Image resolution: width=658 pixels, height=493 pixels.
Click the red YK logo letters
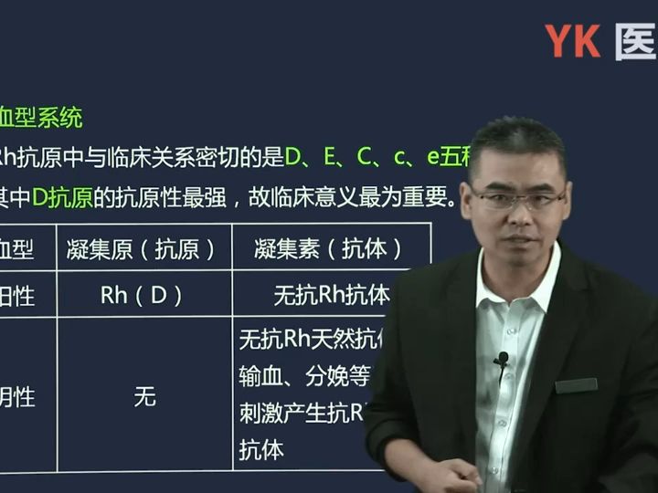click(572, 41)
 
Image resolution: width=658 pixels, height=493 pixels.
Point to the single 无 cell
click(144, 397)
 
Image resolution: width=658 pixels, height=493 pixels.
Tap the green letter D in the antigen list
click(292, 157)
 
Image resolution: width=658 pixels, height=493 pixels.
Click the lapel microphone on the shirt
click(501, 360)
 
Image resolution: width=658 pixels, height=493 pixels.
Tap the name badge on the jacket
click(576, 385)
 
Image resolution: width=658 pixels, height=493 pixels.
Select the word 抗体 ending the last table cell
click(261, 450)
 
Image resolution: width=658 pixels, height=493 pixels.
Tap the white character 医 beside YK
click(636, 41)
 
